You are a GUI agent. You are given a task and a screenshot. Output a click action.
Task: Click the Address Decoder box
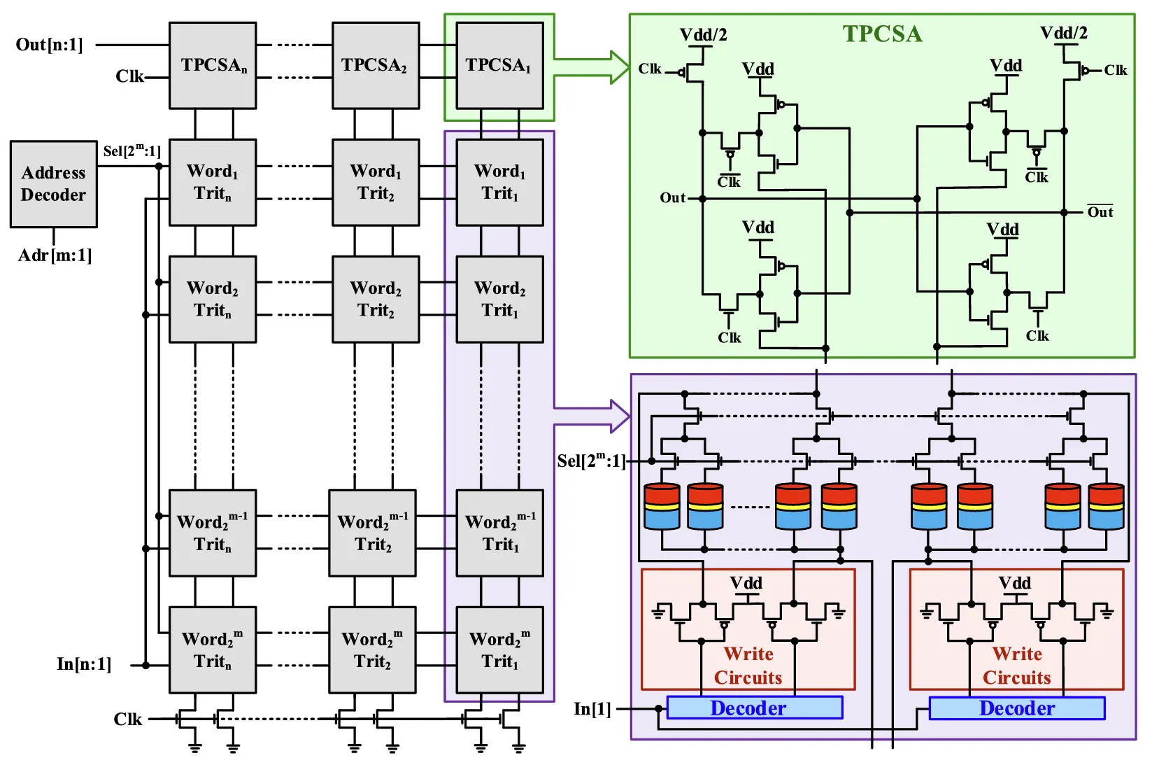click(53, 184)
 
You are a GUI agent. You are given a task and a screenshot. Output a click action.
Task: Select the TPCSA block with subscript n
click(213, 66)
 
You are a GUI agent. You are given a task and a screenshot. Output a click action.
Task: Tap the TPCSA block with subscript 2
click(376, 66)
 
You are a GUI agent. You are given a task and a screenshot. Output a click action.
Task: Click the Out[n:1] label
click(49, 45)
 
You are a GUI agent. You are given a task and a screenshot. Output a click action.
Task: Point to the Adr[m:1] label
click(55, 255)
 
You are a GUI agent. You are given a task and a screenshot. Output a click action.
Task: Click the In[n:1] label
click(84, 664)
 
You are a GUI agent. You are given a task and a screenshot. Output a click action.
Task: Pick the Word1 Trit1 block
click(499, 183)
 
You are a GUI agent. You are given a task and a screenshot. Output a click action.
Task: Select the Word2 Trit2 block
click(376, 300)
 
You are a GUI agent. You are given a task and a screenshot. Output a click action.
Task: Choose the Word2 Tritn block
click(213, 300)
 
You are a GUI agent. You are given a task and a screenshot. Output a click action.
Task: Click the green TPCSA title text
click(882, 34)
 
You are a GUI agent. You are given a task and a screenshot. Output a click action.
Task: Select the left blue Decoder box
click(754, 708)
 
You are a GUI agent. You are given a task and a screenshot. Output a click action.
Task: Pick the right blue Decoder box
click(1016, 708)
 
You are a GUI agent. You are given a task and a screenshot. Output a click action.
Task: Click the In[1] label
click(592, 709)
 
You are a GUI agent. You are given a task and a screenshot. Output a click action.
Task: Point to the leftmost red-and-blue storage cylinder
click(661, 505)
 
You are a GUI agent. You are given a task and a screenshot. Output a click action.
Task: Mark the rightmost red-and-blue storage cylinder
click(1106, 505)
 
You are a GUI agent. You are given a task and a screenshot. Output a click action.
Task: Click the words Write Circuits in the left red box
click(748, 666)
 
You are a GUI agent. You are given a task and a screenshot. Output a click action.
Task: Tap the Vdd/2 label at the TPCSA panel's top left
click(703, 34)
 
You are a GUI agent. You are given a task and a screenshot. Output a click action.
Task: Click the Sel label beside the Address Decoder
click(131, 150)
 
